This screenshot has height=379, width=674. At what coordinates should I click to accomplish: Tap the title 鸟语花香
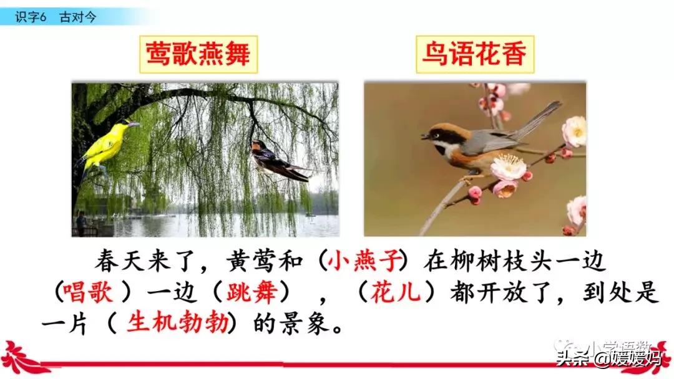[x=472, y=54]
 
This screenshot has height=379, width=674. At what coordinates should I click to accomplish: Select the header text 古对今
[x=78, y=17]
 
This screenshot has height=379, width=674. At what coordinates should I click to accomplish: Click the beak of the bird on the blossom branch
[x=424, y=136]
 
